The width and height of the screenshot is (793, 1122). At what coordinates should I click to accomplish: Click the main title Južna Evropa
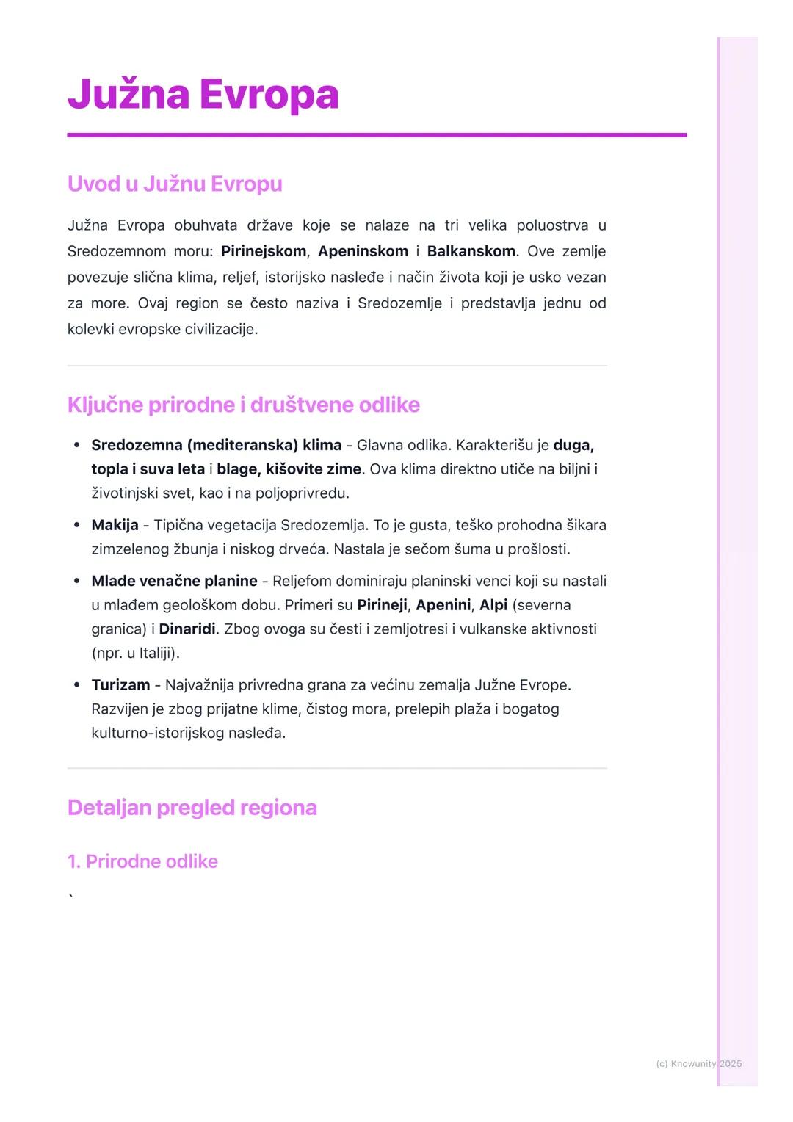[203, 95]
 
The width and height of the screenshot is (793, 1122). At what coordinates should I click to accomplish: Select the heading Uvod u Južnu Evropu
[175, 184]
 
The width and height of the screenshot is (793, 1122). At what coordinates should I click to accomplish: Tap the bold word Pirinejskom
[263, 251]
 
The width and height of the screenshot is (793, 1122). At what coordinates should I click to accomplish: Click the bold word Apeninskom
[363, 251]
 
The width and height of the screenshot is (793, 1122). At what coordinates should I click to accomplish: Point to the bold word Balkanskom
[471, 251]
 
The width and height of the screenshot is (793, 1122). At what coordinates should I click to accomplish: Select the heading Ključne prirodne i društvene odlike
[243, 405]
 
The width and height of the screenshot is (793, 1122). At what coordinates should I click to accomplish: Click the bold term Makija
[115, 525]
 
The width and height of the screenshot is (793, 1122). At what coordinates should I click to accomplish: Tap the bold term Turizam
[120, 685]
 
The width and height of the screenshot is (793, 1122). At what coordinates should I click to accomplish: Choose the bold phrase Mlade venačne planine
[174, 582]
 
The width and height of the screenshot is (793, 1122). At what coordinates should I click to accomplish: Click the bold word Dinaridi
[187, 629]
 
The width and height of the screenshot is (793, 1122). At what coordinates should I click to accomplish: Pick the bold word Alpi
[493, 605]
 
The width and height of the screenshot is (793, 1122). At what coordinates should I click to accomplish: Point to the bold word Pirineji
[382, 605]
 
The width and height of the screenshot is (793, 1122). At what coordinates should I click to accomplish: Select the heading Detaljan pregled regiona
[192, 808]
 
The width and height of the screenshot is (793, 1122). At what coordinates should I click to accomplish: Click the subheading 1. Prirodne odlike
[142, 861]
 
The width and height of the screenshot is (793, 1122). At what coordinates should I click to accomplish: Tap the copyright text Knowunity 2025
[699, 1063]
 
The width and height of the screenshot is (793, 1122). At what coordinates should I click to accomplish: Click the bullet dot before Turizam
[77, 685]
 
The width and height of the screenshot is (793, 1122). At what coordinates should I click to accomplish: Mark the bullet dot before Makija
[77, 525]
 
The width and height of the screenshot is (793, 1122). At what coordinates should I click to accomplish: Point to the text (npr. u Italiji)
[136, 653]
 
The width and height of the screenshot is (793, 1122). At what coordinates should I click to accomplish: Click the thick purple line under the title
[377, 135]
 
